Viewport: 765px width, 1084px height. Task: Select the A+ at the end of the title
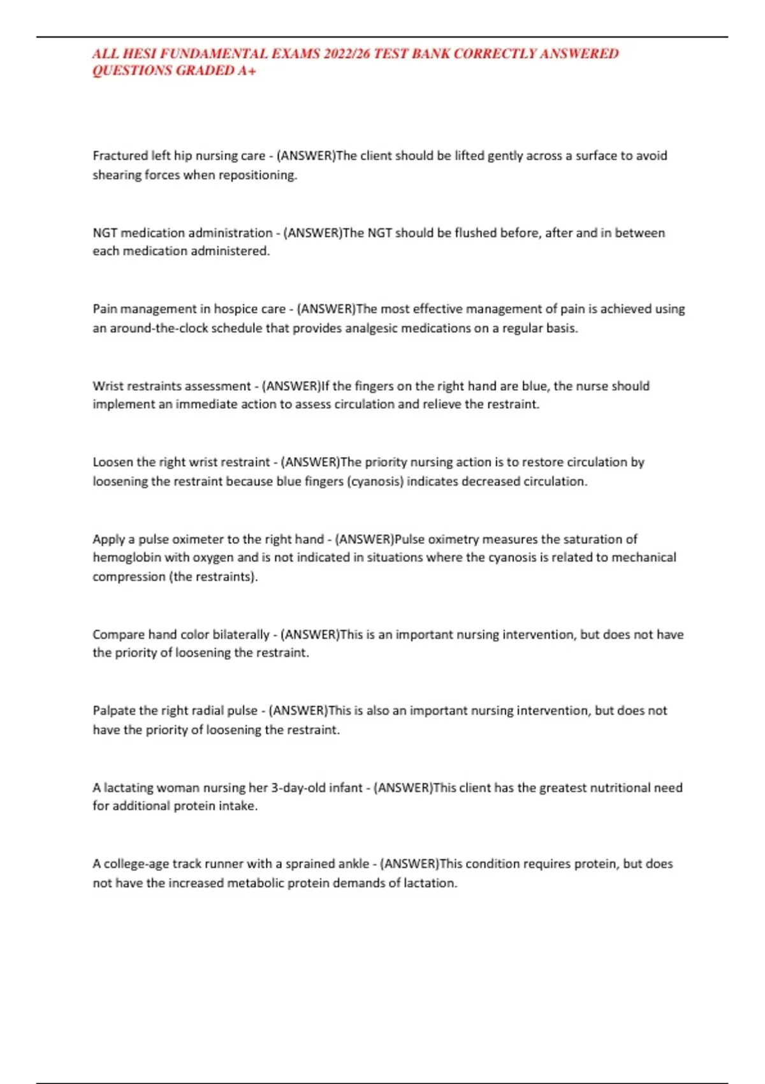[x=247, y=71]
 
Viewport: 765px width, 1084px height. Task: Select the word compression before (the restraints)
[x=129, y=577]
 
